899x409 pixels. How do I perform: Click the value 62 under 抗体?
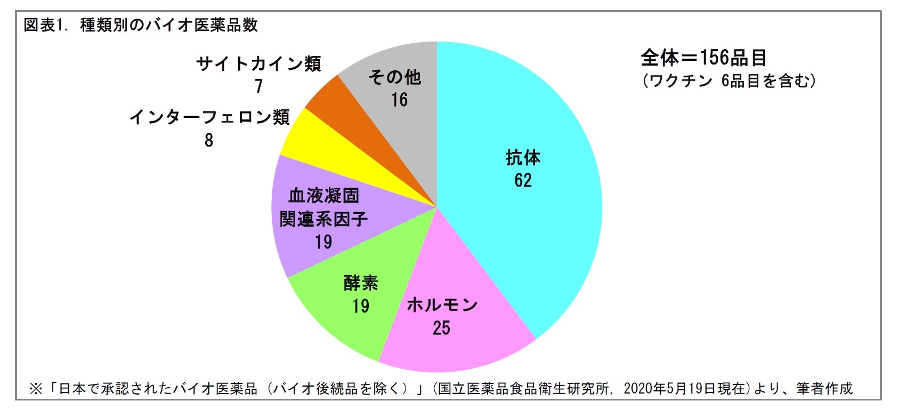tap(523, 180)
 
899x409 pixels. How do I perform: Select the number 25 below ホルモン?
tap(441, 327)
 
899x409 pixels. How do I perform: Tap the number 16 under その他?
tap(399, 100)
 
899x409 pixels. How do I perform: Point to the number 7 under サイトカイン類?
tap(258, 86)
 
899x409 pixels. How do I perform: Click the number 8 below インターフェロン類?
tap(209, 140)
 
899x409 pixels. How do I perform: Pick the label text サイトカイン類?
tap(258, 64)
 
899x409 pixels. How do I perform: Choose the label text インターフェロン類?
tap(209, 117)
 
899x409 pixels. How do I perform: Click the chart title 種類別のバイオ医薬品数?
tap(168, 25)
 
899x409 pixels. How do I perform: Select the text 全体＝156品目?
tap(703, 57)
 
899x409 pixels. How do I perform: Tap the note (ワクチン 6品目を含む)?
tap(728, 81)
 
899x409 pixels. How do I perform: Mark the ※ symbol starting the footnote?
tap(36, 389)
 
